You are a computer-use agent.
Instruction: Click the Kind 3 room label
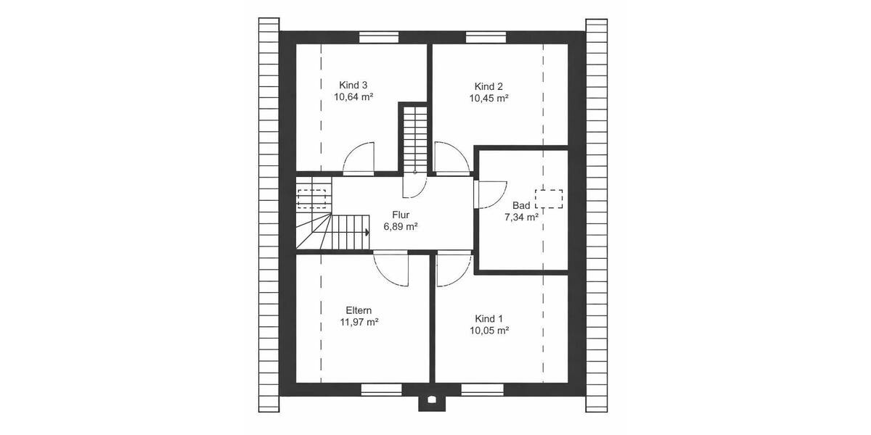pos(353,85)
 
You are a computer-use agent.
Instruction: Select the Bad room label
pos(520,205)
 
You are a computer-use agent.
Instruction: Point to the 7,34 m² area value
pos(521,217)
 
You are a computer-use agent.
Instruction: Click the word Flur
pos(401,215)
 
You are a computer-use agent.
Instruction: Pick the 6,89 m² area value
pos(401,227)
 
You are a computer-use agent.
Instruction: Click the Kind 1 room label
pos(488,319)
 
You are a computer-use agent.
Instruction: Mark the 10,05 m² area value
pos(488,331)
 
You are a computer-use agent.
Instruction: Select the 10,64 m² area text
pos(353,97)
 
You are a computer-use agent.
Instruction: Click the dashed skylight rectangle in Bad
pos(549,198)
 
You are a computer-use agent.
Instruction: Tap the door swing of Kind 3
pos(361,158)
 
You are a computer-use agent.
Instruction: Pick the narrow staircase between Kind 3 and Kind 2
pos(415,137)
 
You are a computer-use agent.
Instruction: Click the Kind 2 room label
pos(488,86)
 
